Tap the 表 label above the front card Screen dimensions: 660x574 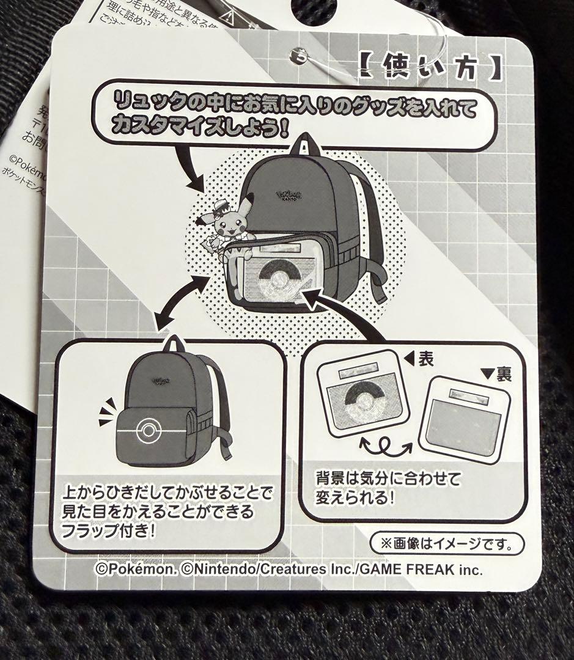[x=425, y=359]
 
